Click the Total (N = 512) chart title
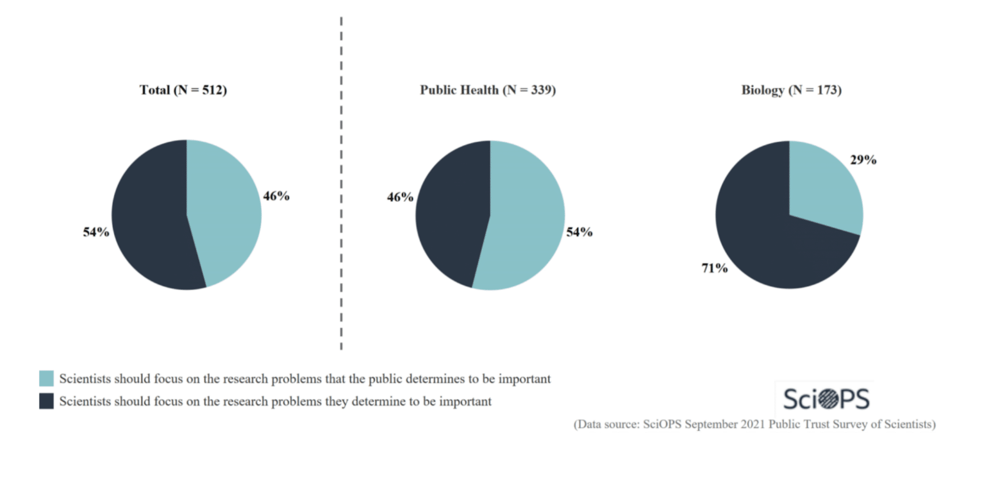tap(183, 90)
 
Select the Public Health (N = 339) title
tap(488, 90)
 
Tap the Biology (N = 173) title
tap(791, 90)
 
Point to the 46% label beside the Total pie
tap(276, 196)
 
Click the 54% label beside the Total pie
tap(96, 232)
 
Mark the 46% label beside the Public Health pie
tap(400, 197)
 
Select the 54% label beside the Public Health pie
tap(579, 232)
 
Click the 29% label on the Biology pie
tap(863, 160)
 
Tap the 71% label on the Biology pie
tap(714, 268)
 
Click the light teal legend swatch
tap(47, 378)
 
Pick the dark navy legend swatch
tap(47, 401)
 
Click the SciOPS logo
tap(826, 399)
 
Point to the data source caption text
tap(754, 424)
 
